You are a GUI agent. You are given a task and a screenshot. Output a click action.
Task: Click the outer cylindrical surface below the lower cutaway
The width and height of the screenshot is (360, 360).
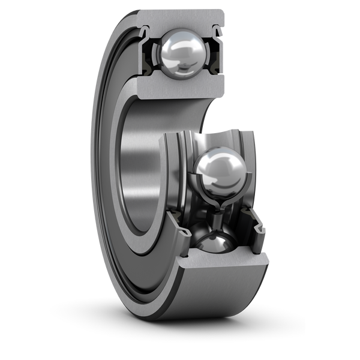pos(222,300)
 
